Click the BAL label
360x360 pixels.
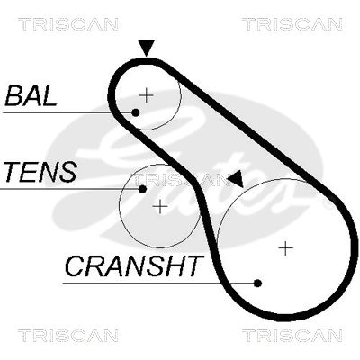point(31,96)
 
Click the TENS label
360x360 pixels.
point(40,172)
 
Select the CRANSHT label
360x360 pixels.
point(133,266)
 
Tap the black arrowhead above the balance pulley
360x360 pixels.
point(146,48)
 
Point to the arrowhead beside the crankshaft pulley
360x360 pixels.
point(237,179)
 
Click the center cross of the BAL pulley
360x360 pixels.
point(147,95)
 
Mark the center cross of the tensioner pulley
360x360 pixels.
point(160,207)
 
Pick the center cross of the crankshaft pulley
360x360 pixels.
point(286,248)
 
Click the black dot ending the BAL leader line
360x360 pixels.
point(136,112)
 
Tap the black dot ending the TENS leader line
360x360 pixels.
point(143,189)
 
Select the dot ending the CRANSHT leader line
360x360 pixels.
point(257,283)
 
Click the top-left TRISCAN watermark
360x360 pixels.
point(68,24)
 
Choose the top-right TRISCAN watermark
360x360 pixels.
point(292,24)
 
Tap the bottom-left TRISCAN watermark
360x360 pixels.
point(68,335)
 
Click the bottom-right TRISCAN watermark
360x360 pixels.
point(292,335)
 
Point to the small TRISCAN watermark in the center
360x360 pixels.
point(179,179)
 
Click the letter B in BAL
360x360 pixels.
point(13,96)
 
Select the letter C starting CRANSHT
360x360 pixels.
point(75,266)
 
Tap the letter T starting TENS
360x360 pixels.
point(13,172)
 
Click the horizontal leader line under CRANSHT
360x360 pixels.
point(158,283)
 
